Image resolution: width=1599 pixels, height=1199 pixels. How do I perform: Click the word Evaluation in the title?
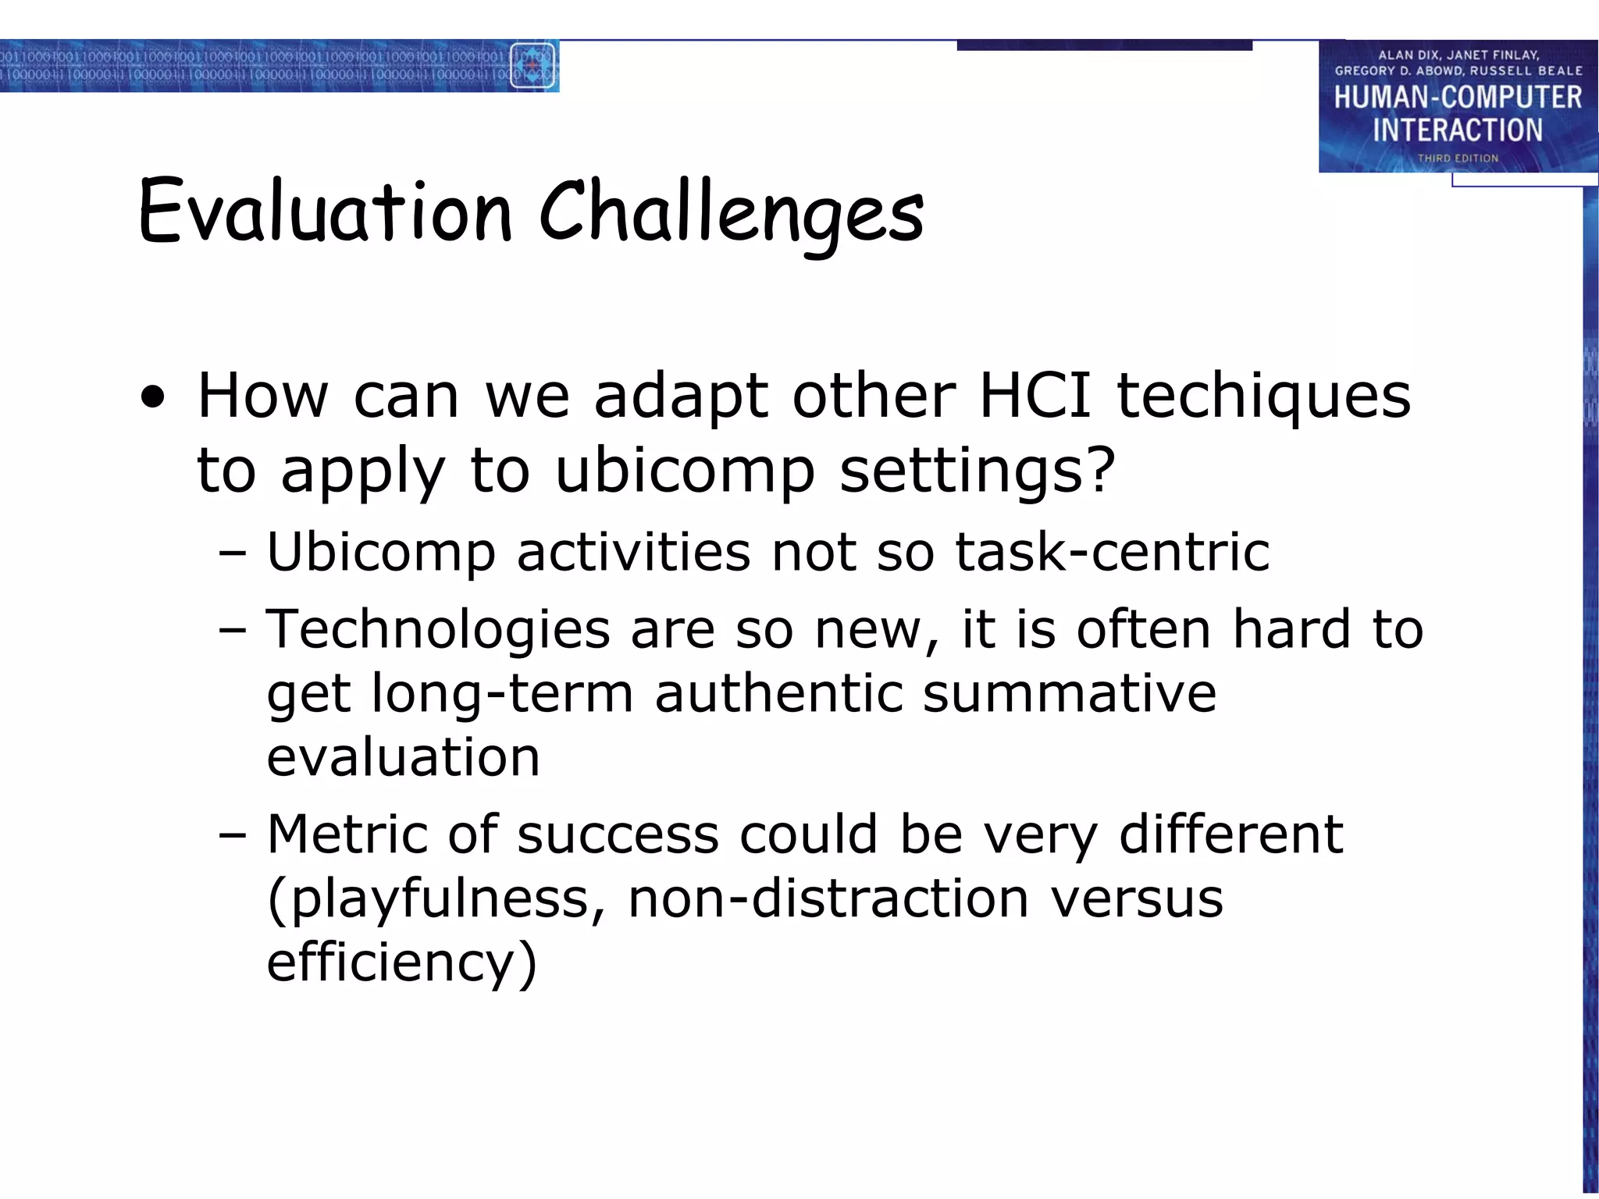point(324,212)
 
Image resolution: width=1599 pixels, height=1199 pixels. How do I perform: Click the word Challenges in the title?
point(731,212)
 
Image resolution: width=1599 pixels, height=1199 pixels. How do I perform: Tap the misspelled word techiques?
point(1262,397)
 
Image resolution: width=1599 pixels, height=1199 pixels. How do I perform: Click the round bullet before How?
point(154,398)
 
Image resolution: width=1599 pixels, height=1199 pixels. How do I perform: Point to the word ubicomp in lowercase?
point(685,471)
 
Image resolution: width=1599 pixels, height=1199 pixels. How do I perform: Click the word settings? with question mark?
point(977,471)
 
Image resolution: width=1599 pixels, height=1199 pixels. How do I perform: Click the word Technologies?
point(438,629)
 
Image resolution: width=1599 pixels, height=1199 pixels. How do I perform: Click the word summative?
point(1069,693)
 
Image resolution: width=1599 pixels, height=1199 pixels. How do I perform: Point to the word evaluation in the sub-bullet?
point(403,757)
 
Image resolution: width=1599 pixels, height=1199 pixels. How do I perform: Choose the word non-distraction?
point(828,898)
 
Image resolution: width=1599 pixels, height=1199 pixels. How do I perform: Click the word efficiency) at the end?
point(401,962)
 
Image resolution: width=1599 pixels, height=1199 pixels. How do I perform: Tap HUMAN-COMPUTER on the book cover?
point(1457,98)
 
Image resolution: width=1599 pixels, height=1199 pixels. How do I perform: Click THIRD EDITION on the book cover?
point(1458,158)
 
